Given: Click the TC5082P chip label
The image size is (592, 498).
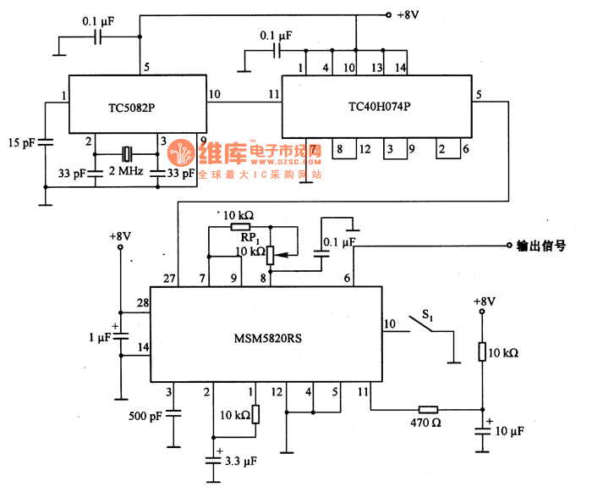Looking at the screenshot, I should pos(137,110).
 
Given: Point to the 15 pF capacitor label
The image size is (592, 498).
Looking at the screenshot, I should pos(22,142).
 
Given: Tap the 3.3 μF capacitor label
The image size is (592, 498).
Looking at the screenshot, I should pos(241,462).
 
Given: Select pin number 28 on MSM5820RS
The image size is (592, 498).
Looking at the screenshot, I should pos(142,303).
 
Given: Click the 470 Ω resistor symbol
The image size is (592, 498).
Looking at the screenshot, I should pos(430,409).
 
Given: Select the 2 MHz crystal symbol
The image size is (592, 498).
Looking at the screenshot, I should pos(126,154).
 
